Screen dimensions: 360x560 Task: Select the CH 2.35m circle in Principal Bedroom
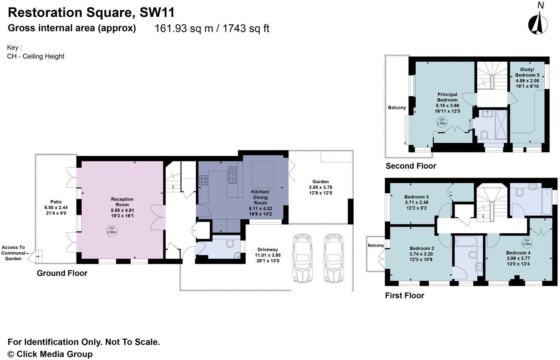click(441, 122)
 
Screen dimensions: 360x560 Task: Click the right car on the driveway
click(334, 258)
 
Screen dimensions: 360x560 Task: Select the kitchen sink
click(232, 175)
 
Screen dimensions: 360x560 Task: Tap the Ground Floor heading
click(62, 273)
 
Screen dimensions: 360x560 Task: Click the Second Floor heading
click(411, 166)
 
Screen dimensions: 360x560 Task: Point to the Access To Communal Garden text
click(13, 253)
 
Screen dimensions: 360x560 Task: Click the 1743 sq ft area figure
click(246, 28)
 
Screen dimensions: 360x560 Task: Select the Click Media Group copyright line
click(50, 354)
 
